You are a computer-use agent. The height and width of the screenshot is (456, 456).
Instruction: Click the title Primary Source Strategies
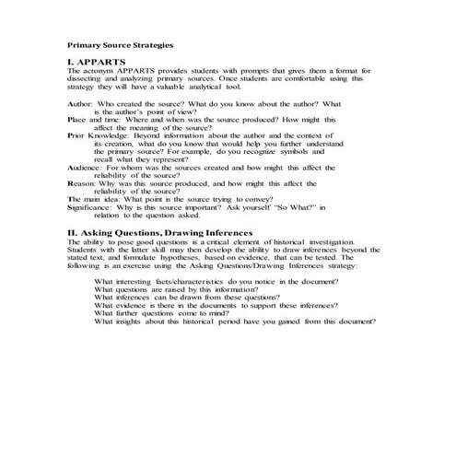click(120, 43)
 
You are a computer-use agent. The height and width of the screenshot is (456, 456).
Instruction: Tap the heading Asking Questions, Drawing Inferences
click(160, 233)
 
